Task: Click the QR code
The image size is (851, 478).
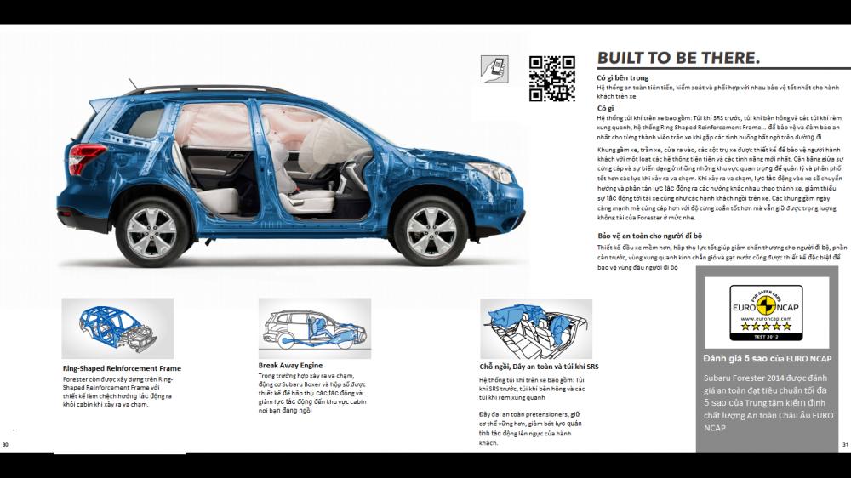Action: pyautogui.click(x=551, y=78)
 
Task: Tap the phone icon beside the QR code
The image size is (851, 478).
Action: pyautogui.click(x=494, y=69)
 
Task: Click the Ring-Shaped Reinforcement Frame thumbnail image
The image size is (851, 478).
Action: pyautogui.click(x=117, y=328)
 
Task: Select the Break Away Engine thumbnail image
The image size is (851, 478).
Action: pyautogui.click(x=315, y=328)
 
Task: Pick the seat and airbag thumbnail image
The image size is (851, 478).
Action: pyautogui.click(x=536, y=328)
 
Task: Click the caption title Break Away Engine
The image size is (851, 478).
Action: pyautogui.click(x=290, y=365)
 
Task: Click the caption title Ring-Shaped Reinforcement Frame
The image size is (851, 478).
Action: pyautogui.click(x=122, y=368)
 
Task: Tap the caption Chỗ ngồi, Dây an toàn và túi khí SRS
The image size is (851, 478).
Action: pyautogui.click(x=539, y=367)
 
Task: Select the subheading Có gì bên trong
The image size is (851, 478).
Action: pyautogui.click(x=622, y=78)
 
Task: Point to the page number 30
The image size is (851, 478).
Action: pyautogui.click(x=5, y=445)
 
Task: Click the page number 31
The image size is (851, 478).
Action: pyautogui.click(x=845, y=445)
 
